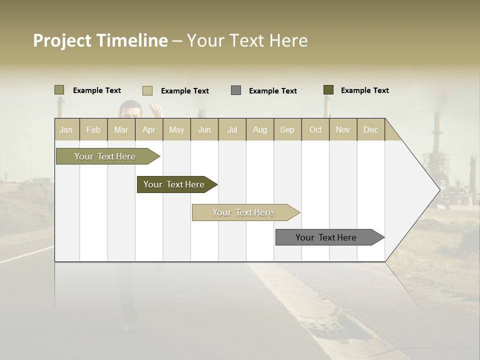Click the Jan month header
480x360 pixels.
pos(66,129)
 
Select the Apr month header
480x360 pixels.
pos(149,129)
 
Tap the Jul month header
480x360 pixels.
pos(232,129)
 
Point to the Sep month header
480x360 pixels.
pos(287,129)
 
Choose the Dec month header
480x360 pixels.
pos(370,129)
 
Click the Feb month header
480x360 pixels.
pos(93,129)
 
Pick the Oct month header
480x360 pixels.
pos(315,129)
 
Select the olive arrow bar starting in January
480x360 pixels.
pos(105,156)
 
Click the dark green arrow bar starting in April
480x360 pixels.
pos(174,184)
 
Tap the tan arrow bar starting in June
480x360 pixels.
pos(243,212)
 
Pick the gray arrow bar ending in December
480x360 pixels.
pos(326,237)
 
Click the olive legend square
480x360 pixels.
pos(59,90)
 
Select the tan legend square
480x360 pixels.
pos(147,90)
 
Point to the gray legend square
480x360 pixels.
pos(236,90)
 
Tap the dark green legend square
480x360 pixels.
pos(328,90)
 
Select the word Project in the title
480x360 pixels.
pos(62,40)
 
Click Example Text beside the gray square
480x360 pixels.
pos(273,91)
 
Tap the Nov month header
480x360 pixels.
pos(343,129)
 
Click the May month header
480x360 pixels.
pos(176,129)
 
